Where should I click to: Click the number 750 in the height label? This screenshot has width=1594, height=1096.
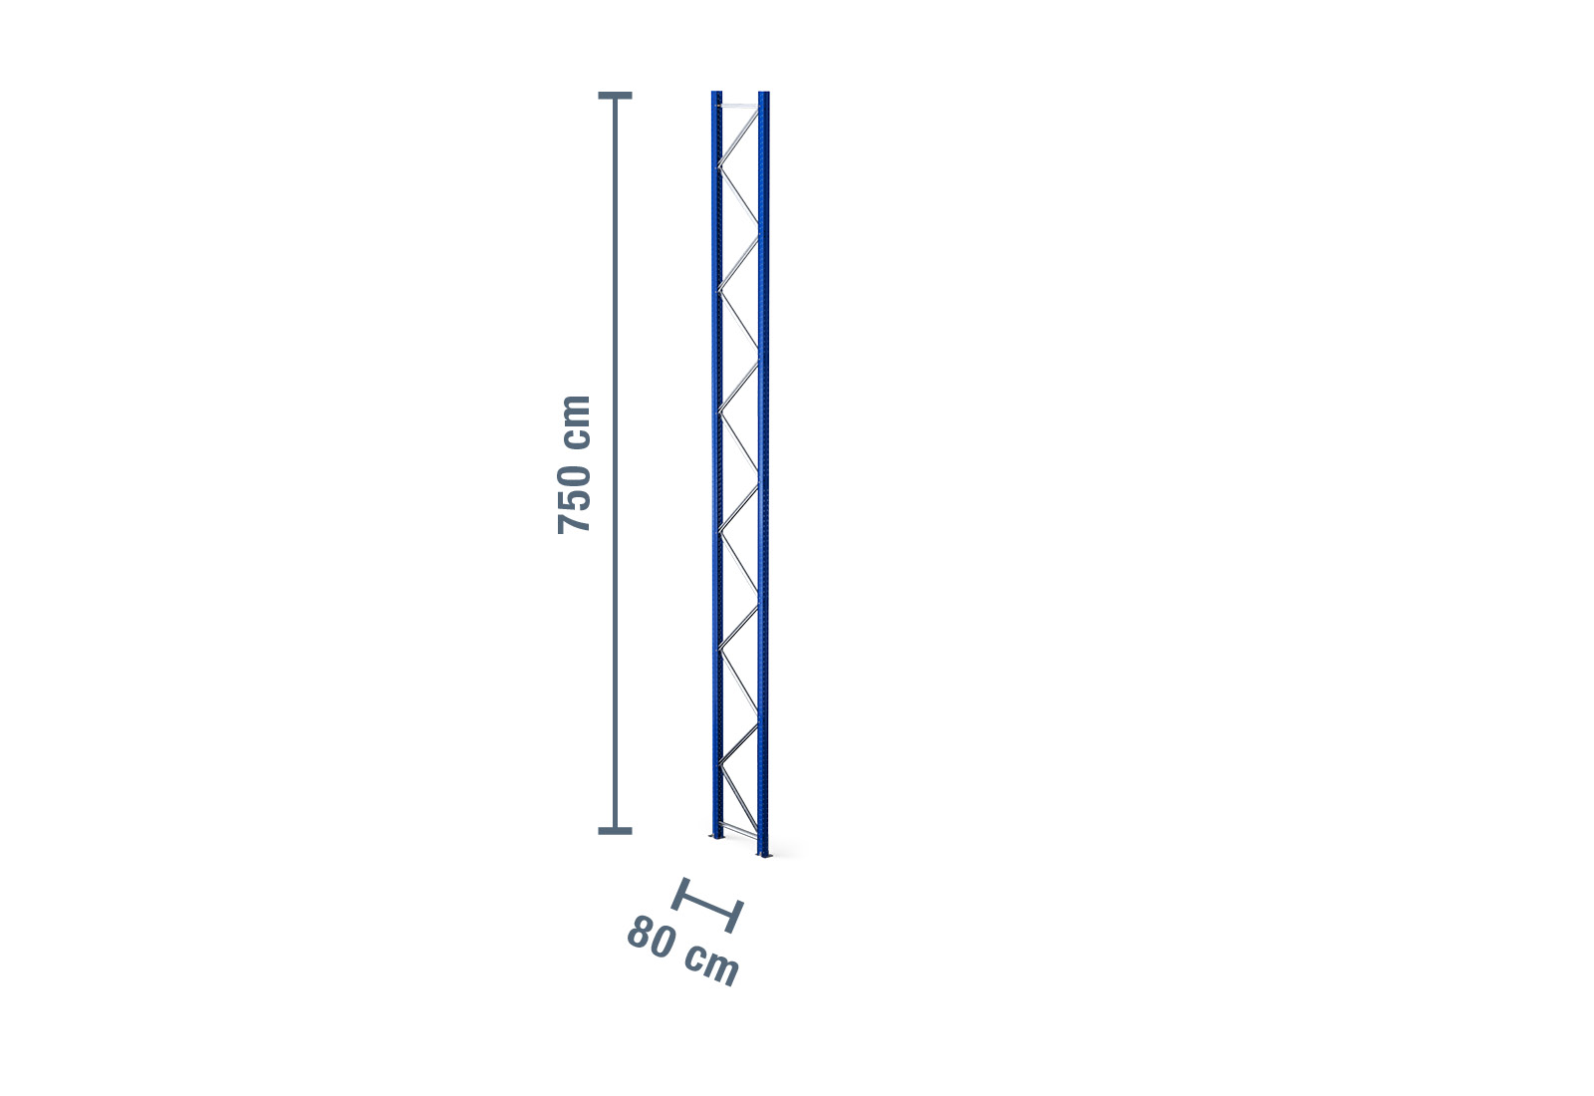click(x=574, y=499)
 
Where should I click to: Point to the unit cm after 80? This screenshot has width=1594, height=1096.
click(x=712, y=965)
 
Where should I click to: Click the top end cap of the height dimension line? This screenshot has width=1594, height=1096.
click(x=615, y=96)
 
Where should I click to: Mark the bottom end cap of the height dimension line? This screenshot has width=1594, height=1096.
click(x=615, y=831)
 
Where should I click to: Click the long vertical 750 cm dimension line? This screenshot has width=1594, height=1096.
click(x=615, y=462)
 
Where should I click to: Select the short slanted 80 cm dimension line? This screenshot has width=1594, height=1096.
click(x=707, y=905)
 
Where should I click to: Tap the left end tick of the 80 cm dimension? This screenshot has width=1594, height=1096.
click(x=679, y=893)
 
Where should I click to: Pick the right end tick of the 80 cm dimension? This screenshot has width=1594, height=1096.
click(x=735, y=917)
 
